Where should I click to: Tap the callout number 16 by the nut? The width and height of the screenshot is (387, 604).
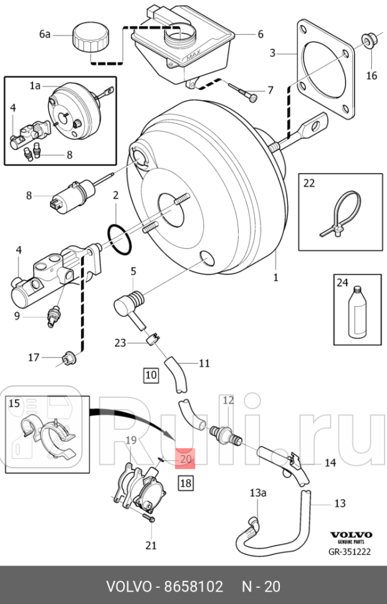pyautogui.click(x=371, y=76)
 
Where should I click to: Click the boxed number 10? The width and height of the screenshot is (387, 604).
pyautogui.click(x=151, y=375)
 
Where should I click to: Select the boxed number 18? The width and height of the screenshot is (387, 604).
pyautogui.click(x=186, y=483)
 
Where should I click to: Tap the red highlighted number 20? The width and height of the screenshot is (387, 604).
pyautogui.click(x=186, y=460)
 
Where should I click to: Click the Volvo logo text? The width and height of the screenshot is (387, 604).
pyautogui.click(x=350, y=535)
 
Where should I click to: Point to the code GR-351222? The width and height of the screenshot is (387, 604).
pyautogui.click(x=350, y=551)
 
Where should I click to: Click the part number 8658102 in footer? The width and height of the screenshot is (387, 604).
pyautogui.click(x=193, y=587)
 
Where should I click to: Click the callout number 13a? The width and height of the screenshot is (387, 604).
pyautogui.click(x=258, y=493)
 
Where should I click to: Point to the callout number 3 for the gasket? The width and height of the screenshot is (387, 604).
pyautogui.click(x=272, y=54)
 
